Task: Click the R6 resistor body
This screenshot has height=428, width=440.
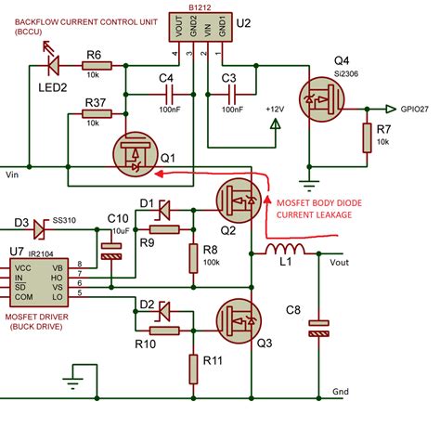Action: tap(96, 65)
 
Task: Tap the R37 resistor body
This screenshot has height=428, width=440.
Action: tap(96, 114)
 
